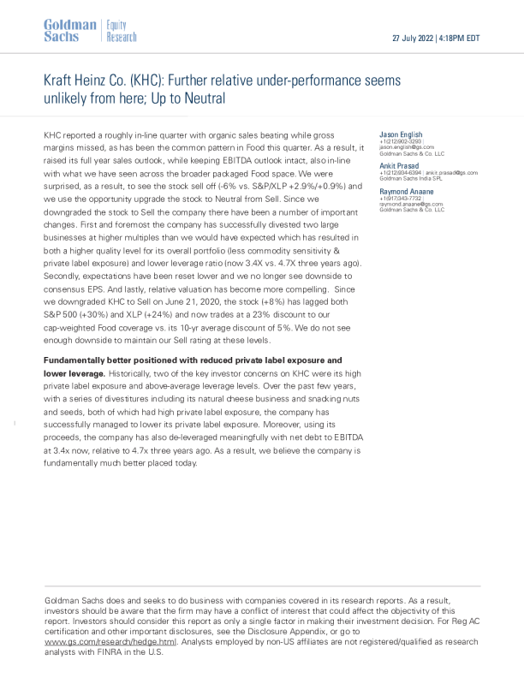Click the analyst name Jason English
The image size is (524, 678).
pyautogui.click(x=401, y=135)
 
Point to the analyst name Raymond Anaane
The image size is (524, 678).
pyautogui.click(x=406, y=192)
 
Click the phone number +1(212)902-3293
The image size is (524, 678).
pyautogui.click(x=400, y=141)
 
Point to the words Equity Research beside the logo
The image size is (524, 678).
pyautogui.click(x=119, y=32)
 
